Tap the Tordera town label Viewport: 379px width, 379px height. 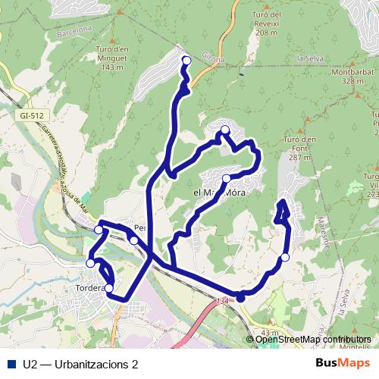[89, 290]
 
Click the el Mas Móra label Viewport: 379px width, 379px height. [220, 193]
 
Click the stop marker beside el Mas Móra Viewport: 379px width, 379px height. [227, 178]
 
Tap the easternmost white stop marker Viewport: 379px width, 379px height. [285, 258]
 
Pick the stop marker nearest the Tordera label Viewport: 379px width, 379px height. [108, 288]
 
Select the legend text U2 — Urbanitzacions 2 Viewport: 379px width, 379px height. [80, 363]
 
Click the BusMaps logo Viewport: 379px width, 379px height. [343, 362]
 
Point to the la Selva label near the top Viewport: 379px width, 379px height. [310, 58]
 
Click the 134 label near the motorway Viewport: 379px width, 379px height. [222, 302]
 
